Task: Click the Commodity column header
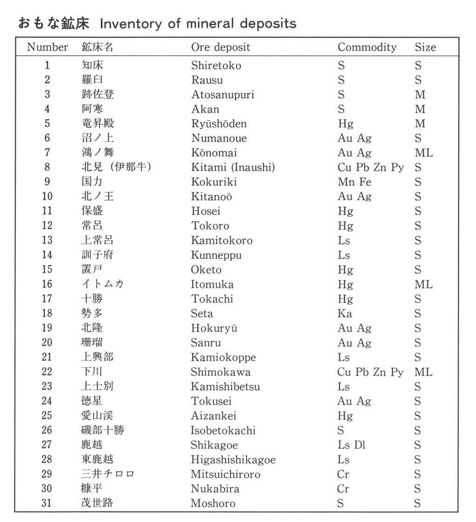click(x=367, y=47)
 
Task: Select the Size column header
click(x=425, y=47)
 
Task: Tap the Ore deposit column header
click(x=220, y=47)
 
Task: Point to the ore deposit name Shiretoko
click(x=216, y=66)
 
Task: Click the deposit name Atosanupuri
click(x=222, y=95)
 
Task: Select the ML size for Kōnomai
click(x=423, y=153)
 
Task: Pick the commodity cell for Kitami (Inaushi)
click(x=370, y=168)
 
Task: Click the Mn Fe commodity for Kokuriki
click(x=354, y=182)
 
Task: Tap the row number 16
click(x=47, y=284)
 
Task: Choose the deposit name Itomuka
click(x=212, y=284)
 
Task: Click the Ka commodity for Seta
click(x=345, y=313)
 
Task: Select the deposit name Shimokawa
click(x=221, y=372)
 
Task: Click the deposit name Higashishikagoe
click(x=233, y=460)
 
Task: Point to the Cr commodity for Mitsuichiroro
click(x=343, y=475)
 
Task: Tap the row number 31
click(x=47, y=503)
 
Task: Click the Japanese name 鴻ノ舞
click(x=97, y=153)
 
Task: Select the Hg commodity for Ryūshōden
click(x=345, y=124)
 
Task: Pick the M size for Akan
click(x=420, y=109)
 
